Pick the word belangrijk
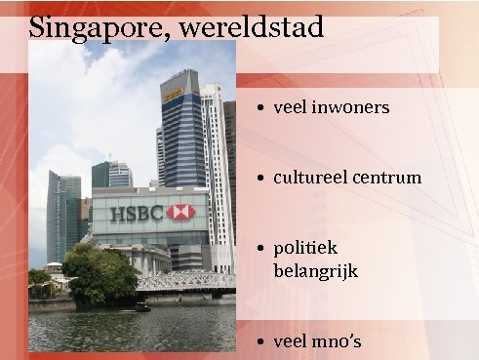click(316, 270)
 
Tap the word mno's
click(336, 341)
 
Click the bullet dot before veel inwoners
click(262, 108)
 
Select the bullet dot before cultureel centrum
click(262, 179)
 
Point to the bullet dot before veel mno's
click(262, 342)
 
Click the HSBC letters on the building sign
click(137, 213)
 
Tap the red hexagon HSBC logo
click(180, 212)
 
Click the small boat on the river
click(142, 306)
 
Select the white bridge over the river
click(185, 282)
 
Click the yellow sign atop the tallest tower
click(174, 95)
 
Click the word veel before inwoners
click(291, 107)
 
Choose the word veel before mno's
click(291, 341)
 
